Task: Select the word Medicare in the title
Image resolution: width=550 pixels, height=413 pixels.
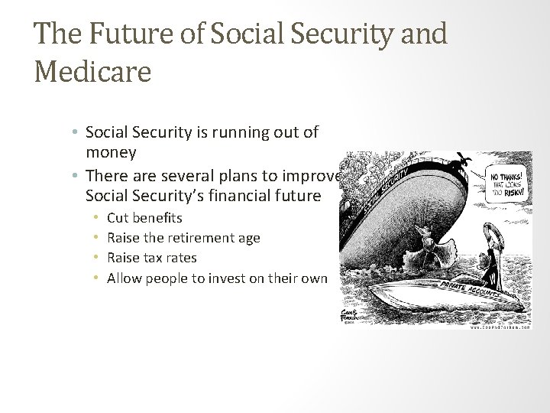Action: pos(92,73)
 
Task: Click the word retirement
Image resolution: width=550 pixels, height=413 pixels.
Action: pos(197,239)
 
